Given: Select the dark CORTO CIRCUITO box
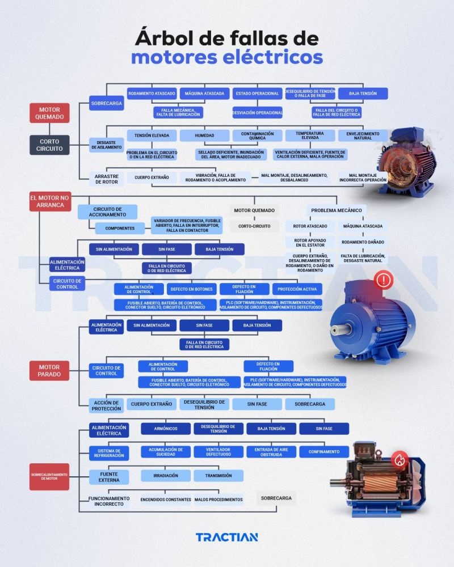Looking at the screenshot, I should pyautogui.click(x=49, y=145).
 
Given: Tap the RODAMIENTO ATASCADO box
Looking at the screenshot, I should pyautogui.click(x=152, y=94).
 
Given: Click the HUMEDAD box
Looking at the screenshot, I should pyautogui.click(x=204, y=136).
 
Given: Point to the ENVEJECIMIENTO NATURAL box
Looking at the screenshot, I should pyautogui.click(x=363, y=136).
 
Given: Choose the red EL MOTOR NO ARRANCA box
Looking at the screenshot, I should pyautogui.click(x=50, y=201).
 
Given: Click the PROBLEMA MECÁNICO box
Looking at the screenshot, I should pyautogui.click(x=336, y=210).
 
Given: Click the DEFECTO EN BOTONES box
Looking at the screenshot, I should pyautogui.click(x=191, y=289).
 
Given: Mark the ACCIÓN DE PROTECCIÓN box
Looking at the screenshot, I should pyautogui.click(x=106, y=405).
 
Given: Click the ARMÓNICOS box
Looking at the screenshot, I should pyautogui.click(x=166, y=429).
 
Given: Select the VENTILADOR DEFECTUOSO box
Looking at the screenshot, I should pyautogui.click(x=218, y=452).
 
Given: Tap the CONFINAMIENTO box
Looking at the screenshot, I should pyautogui.click(x=324, y=452).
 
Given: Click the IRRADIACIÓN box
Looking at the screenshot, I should pyautogui.click(x=166, y=476).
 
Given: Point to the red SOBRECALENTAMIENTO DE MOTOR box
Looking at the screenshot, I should pyautogui.click(x=49, y=477).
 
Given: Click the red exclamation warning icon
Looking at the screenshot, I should pyautogui.click(x=384, y=280).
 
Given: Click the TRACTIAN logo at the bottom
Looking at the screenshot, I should pyautogui.click(x=227, y=537).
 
